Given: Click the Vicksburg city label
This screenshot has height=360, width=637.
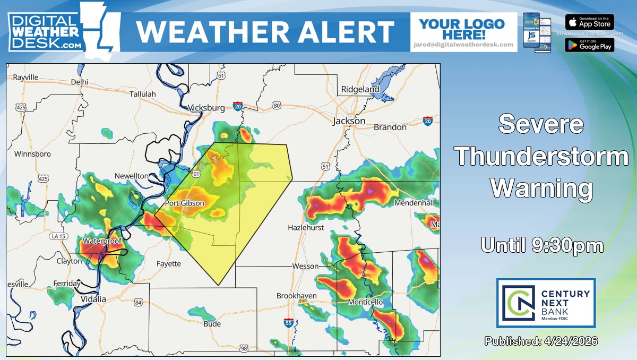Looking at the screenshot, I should point(206,108).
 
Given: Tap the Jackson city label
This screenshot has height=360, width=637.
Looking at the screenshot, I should point(349,121).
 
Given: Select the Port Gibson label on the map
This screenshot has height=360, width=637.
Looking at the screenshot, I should point(184,203).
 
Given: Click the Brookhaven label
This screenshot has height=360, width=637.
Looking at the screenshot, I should point(296,296).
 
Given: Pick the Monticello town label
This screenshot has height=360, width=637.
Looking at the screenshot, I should point(365,302).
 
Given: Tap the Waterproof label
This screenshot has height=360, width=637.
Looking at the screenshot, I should point(102,241).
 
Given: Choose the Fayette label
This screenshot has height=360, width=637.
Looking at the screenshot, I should point(169,263).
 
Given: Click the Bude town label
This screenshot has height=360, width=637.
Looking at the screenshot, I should point(212,324).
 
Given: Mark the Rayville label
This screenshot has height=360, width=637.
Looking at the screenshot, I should point(26,77).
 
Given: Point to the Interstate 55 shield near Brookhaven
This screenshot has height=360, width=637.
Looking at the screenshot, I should point(288,322).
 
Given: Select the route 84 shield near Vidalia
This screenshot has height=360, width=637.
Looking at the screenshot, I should point(139,302).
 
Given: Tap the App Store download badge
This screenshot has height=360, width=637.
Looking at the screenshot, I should point(589,22).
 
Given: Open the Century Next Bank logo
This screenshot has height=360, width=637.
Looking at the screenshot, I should point(546,303).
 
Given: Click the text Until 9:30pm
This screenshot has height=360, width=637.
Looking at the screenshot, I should point(542,245).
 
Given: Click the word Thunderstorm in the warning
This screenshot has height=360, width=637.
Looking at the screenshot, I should point(542,157).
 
